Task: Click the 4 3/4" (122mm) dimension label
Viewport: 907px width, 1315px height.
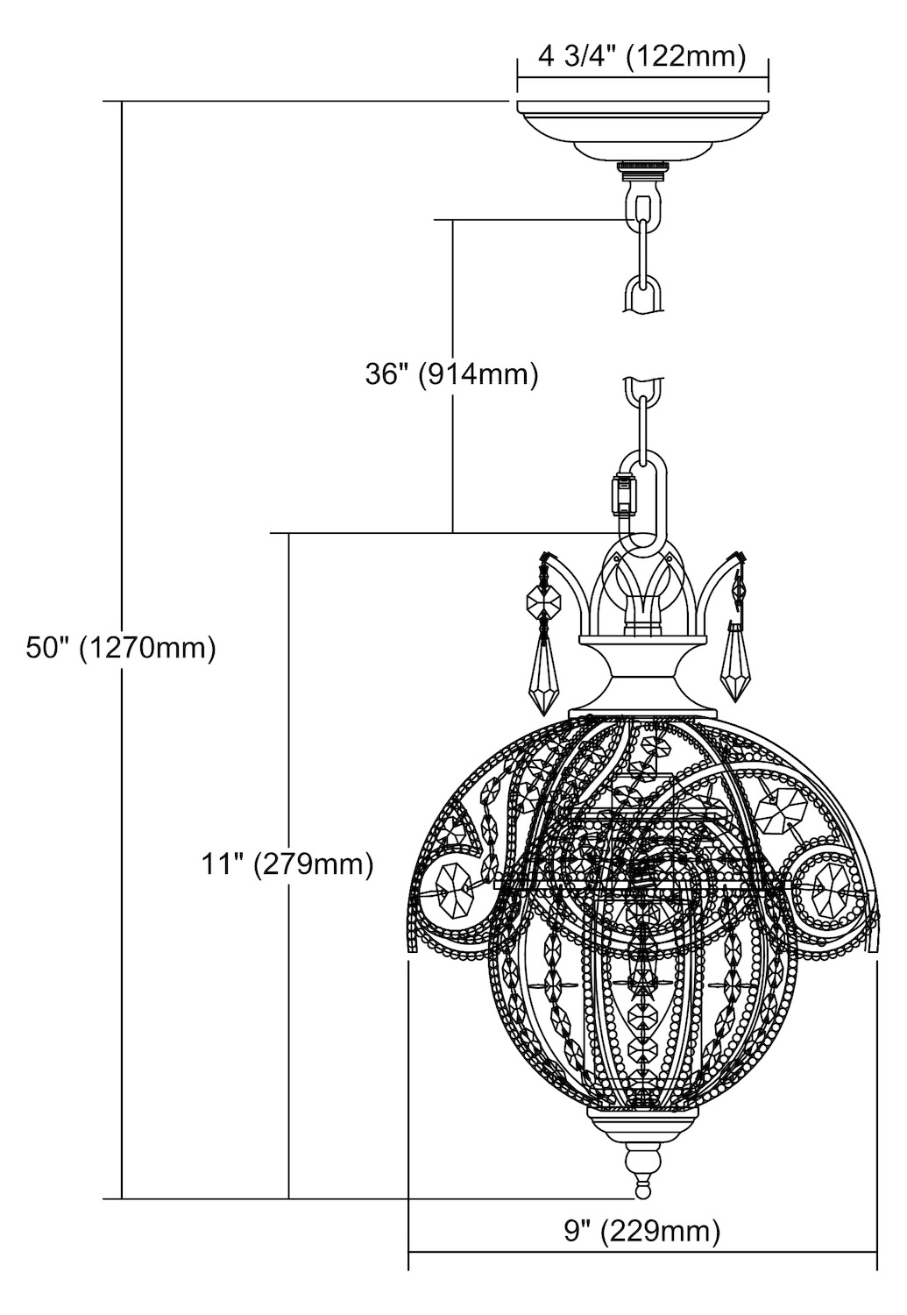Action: tap(641, 58)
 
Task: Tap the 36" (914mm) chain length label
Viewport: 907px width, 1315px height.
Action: tap(451, 374)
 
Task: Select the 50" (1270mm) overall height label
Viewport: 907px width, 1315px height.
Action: tap(121, 649)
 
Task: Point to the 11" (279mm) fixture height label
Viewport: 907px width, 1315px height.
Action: tap(287, 864)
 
